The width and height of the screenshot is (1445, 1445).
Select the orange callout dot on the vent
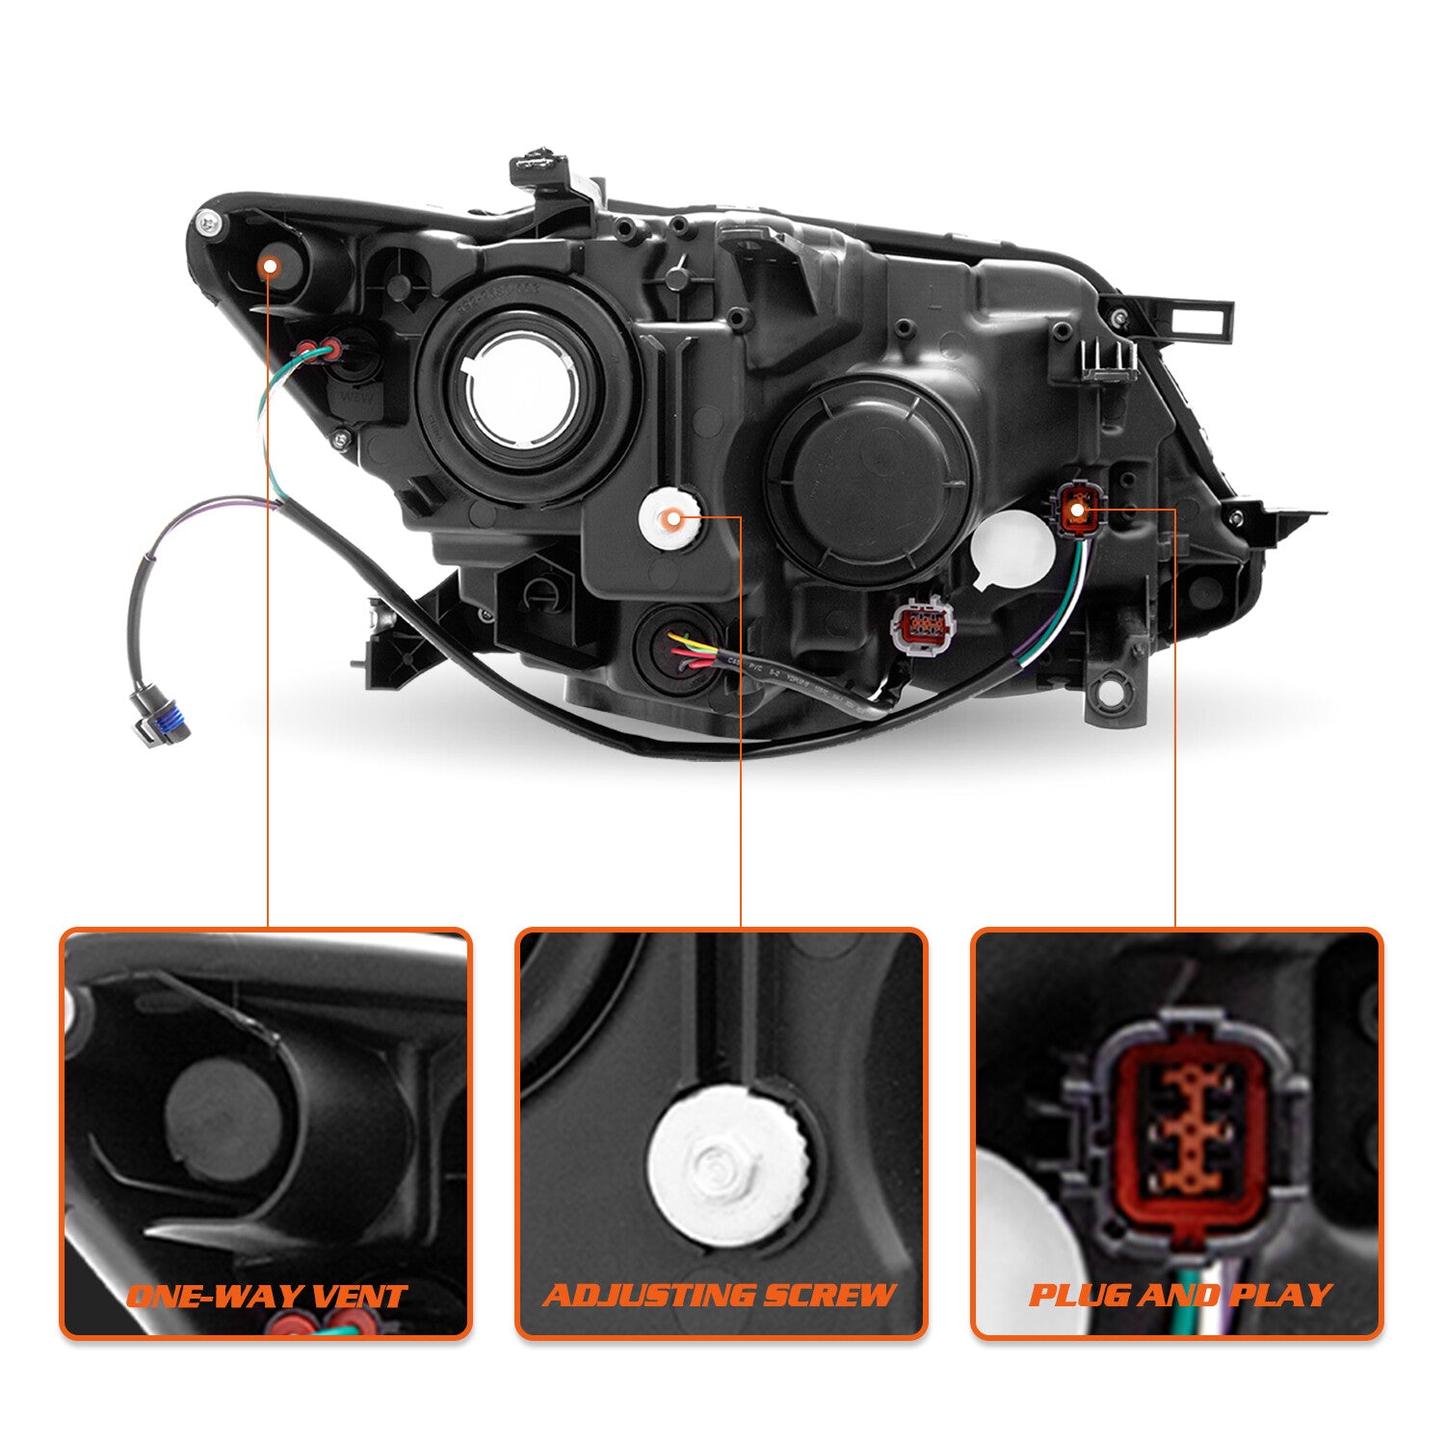[x=270, y=265]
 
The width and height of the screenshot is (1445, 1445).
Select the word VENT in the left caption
[x=357, y=1297]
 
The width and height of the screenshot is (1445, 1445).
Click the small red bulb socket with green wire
[x=319, y=350]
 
